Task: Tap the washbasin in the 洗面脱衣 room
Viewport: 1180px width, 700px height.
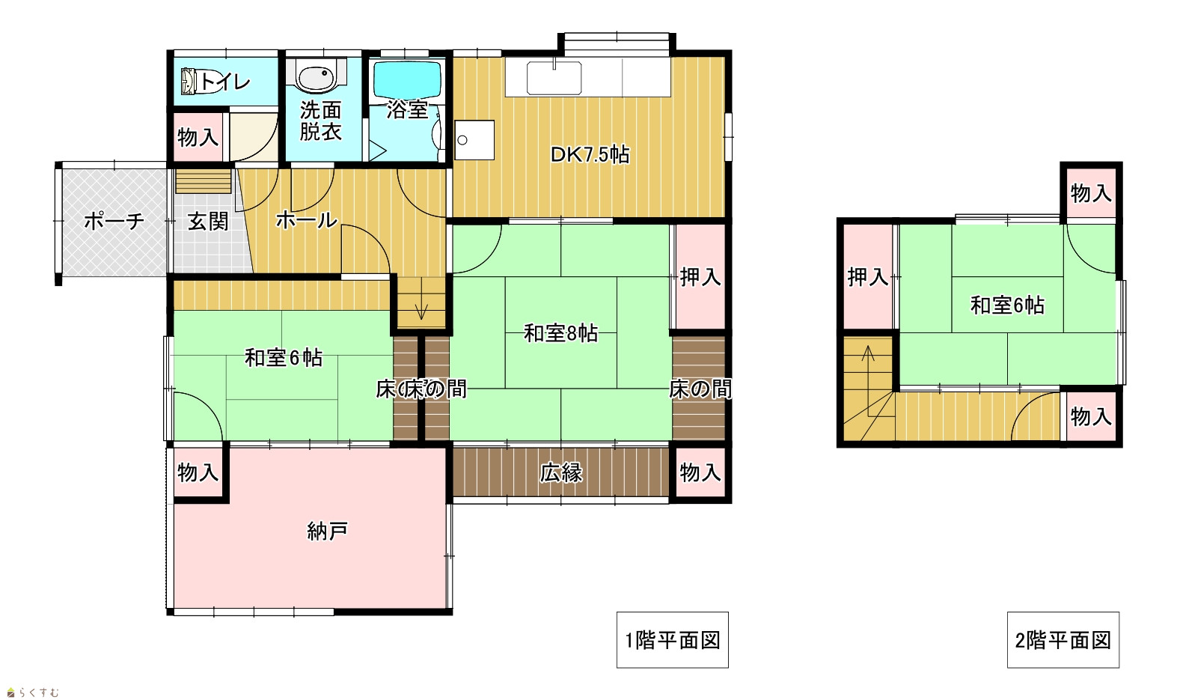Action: (x=316, y=75)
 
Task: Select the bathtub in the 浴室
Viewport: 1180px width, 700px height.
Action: (x=407, y=79)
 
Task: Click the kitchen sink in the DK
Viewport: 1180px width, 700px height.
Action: (x=554, y=78)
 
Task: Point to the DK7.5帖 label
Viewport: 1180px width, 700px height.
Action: (x=590, y=155)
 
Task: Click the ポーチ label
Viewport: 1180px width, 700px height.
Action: (x=114, y=221)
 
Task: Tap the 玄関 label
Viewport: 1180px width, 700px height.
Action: (x=208, y=222)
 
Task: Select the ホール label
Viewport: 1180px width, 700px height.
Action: (x=307, y=220)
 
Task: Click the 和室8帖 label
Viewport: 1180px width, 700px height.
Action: (x=560, y=333)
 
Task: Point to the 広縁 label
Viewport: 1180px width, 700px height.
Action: (x=561, y=473)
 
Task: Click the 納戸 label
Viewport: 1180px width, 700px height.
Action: (x=327, y=531)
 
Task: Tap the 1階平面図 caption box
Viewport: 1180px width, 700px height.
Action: (x=673, y=640)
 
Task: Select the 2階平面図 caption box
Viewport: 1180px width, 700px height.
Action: (x=1063, y=640)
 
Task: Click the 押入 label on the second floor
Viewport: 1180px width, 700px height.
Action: (x=868, y=277)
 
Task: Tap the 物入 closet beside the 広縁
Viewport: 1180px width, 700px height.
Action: (x=700, y=473)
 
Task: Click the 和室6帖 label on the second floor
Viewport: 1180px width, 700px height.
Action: (x=1007, y=305)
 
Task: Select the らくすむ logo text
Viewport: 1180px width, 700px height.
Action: (x=39, y=692)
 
